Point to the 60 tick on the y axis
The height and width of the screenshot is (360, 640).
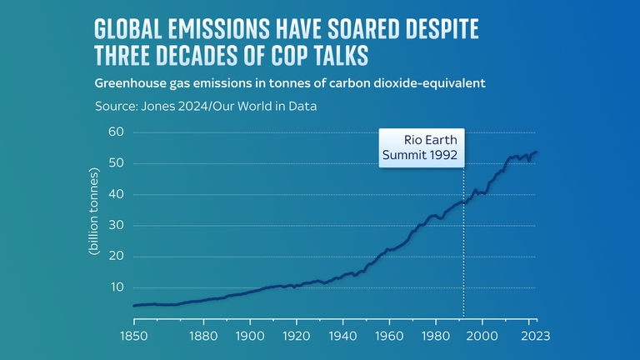(116, 132)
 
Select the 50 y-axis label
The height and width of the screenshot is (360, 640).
(116, 163)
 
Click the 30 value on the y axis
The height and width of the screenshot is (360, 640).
(116, 225)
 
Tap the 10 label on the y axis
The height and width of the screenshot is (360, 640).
(116, 287)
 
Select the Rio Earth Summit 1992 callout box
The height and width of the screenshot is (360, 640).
(421, 147)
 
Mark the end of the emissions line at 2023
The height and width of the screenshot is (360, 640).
(536, 152)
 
